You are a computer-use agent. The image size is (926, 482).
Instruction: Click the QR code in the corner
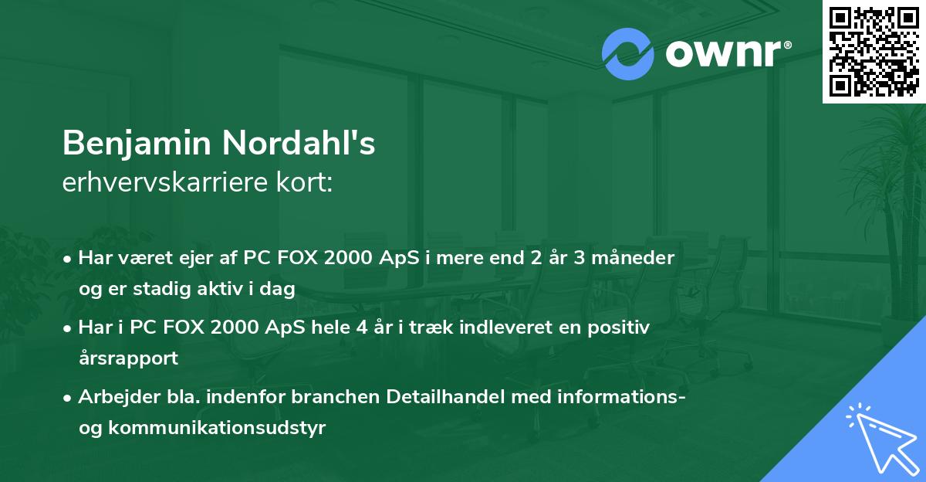pyautogui.click(x=874, y=51)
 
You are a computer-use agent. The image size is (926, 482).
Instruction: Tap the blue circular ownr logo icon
pyautogui.click(x=627, y=54)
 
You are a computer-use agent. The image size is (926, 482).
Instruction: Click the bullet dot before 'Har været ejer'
pyautogui.click(x=70, y=259)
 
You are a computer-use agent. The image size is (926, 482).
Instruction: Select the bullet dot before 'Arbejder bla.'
pyautogui.click(x=70, y=399)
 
